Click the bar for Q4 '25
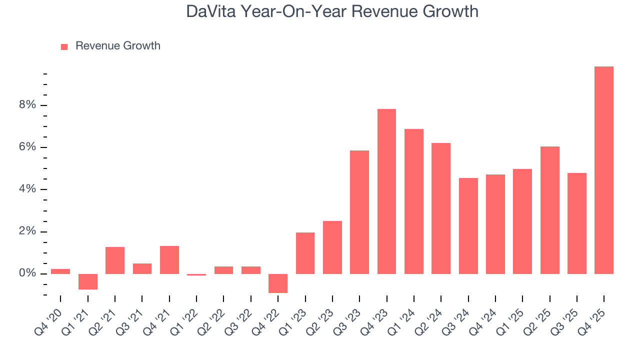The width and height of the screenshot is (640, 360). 603,170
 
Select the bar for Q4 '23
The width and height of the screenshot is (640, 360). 386,191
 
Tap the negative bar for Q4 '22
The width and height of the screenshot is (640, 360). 278,283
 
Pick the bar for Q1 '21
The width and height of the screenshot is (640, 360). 88,281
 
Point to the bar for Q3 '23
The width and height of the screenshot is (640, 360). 359,212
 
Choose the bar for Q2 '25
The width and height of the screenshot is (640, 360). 549,210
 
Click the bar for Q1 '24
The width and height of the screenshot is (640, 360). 413,201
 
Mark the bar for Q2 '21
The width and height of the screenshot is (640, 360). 115,260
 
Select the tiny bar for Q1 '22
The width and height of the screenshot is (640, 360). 196,274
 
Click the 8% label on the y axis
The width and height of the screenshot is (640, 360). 27,105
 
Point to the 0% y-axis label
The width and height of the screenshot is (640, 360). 27,273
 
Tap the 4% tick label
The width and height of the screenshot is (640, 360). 27,189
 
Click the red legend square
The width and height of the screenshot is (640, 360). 64,46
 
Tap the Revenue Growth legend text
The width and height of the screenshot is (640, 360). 118,46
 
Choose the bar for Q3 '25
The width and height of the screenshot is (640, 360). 576,223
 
